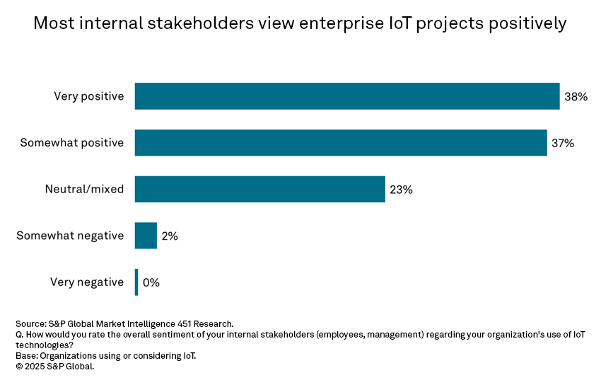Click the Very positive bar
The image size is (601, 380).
pyautogui.click(x=346, y=96)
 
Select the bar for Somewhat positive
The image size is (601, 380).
pyautogui.click(x=340, y=142)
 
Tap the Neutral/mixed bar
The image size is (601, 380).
pyautogui.click(x=259, y=189)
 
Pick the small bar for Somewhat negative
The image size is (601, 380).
pyautogui.click(x=146, y=236)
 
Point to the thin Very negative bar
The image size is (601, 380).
pyautogui.click(x=136, y=282)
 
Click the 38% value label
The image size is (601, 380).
pyautogui.click(x=576, y=96)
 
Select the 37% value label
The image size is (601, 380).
pyautogui.click(x=563, y=142)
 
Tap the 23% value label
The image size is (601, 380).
pyautogui.click(x=401, y=189)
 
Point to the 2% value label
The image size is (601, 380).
pyautogui.click(x=170, y=236)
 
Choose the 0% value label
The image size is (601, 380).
pyautogui.click(x=151, y=282)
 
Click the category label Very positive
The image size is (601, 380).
pyautogui.click(x=88, y=96)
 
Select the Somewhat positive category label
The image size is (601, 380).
pyautogui.click(x=71, y=142)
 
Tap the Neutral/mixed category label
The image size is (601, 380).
pyautogui.click(x=84, y=189)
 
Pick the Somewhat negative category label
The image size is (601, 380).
pyautogui.click(x=70, y=236)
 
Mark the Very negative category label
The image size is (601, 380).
pyautogui.click(x=87, y=282)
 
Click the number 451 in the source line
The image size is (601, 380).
pyautogui.click(x=181, y=323)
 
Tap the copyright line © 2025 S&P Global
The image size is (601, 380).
pyautogui.click(x=54, y=367)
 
